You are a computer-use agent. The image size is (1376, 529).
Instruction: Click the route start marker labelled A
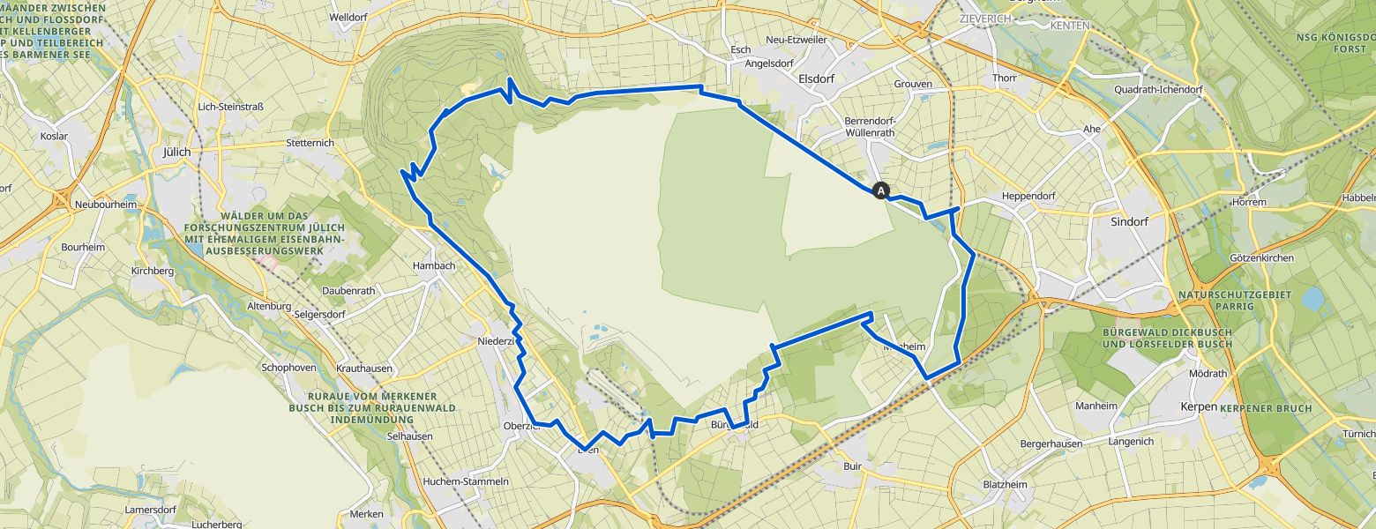point(880,190)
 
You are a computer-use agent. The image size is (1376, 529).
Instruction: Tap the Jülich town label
point(177,152)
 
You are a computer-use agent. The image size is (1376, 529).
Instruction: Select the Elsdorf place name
point(816,78)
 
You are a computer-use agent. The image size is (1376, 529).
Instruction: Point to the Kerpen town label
point(1199,407)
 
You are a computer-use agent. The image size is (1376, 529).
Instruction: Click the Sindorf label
point(1129,222)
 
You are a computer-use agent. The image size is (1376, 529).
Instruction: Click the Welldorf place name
point(348,17)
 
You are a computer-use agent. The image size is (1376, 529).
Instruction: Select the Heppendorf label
point(1028,196)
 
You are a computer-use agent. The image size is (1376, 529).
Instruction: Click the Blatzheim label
point(1005,484)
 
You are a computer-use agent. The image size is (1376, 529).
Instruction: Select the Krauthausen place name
point(364,368)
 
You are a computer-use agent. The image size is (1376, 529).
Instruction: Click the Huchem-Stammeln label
point(466,481)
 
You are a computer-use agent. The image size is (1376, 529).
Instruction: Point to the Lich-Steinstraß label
point(231,107)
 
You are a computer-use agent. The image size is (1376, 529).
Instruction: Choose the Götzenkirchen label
point(1261,258)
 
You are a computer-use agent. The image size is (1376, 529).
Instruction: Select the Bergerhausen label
point(1051,443)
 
